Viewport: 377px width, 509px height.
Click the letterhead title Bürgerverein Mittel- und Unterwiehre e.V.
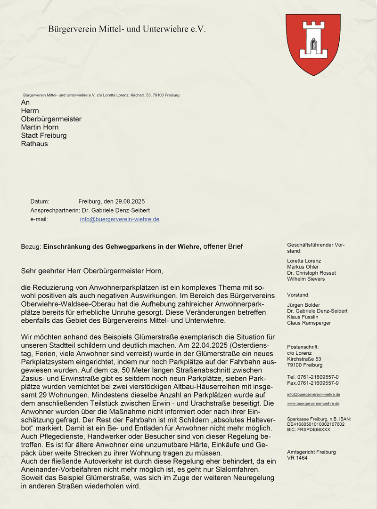coord(127,29)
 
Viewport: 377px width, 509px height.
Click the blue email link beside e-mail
coord(120,219)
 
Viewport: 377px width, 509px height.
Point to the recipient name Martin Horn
coord(40,127)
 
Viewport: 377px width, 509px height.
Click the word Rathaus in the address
coord(34,143)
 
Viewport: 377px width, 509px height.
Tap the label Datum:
coord(40,201)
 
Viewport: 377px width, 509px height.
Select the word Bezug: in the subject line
coord(31,246)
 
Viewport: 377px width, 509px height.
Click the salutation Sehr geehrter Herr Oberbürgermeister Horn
coord(92,271)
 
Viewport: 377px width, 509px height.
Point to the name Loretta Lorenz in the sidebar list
coord(304,261)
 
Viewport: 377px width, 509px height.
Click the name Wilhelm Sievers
coord(306,279)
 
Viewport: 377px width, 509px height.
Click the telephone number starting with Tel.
coord(312,377)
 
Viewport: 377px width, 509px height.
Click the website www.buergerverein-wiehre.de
coord(313,404)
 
